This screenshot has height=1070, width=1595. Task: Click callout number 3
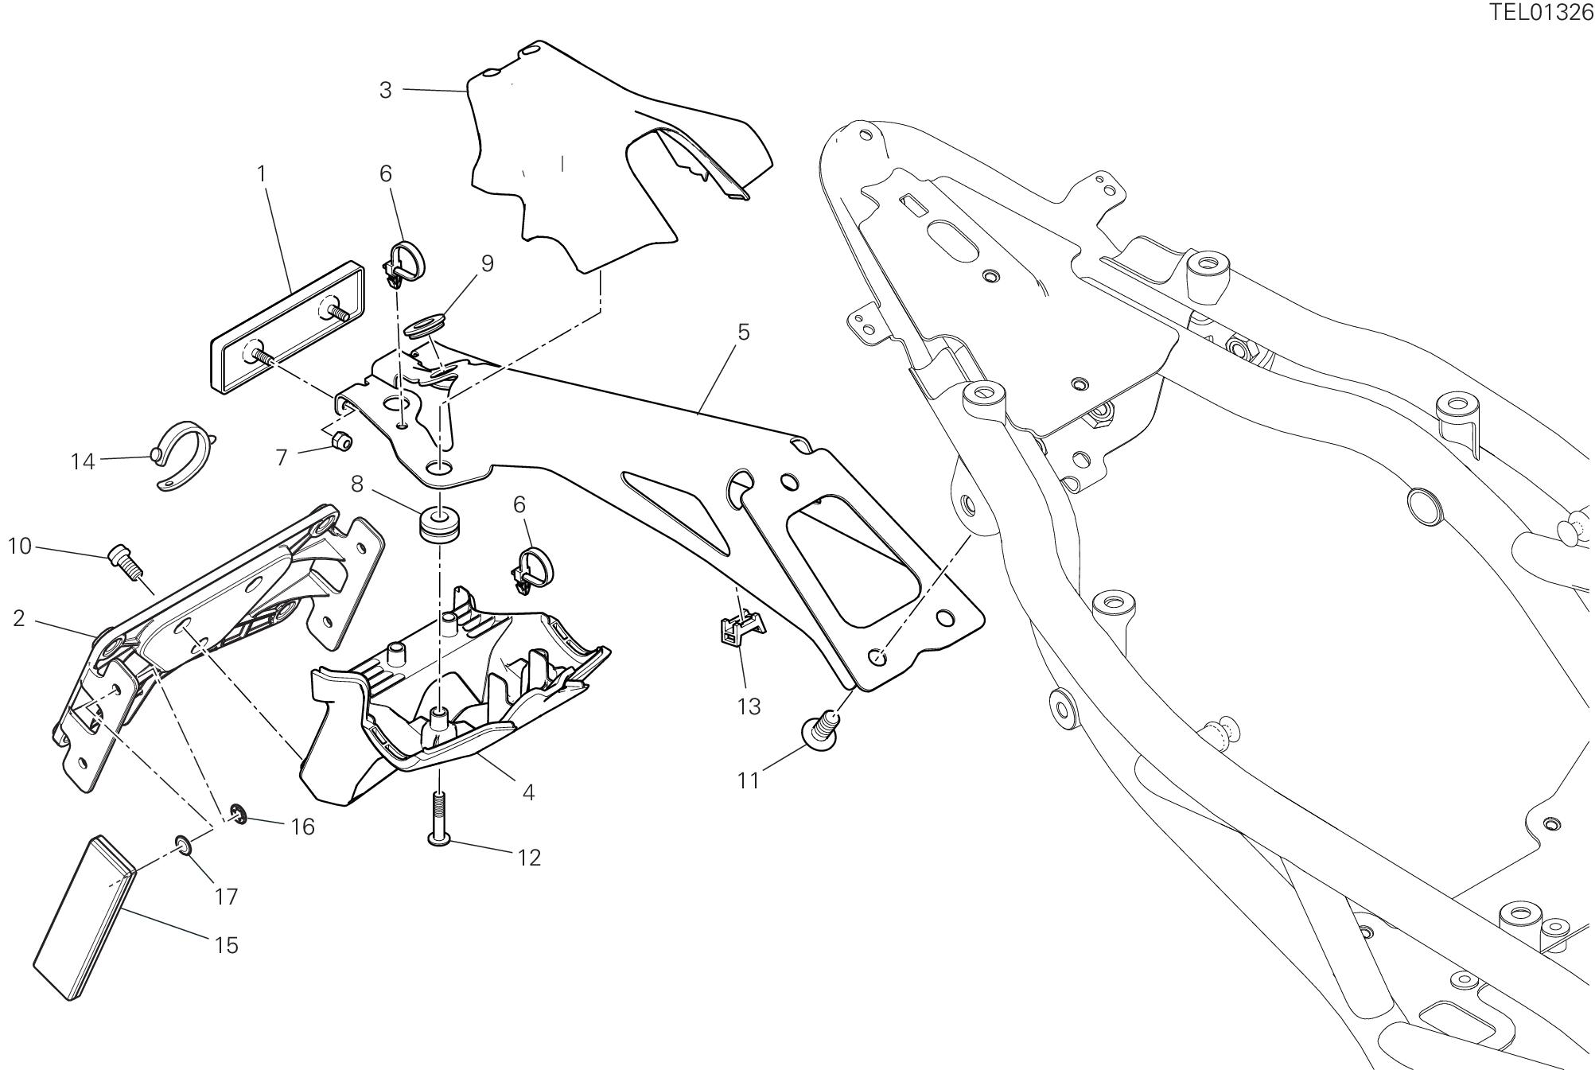coord(386,90)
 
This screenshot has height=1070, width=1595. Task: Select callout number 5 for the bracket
coord(743,332)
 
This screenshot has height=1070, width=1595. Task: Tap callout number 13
coord(749,706)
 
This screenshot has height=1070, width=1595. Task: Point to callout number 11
coord(748,780)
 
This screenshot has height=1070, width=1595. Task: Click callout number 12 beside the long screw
coord(529,857)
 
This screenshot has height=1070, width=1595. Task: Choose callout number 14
coord(83,461)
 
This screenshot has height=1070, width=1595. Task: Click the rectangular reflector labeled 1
coord(286,328)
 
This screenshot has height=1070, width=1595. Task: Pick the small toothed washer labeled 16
coord(236,813)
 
